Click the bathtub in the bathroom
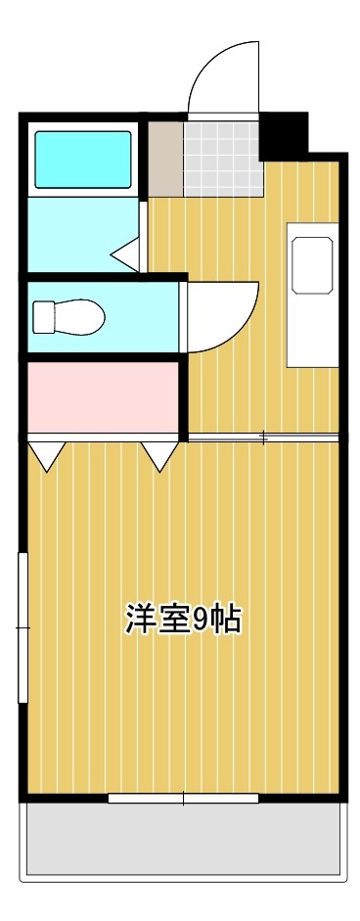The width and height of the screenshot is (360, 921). [83, 159]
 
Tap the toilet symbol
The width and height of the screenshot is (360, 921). [67, 316]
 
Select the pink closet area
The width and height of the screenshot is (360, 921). [102, 396]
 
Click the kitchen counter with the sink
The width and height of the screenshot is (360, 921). [312, 294]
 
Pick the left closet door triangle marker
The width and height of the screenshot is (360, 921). [46, 453]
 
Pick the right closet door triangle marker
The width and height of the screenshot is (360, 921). [160, 453]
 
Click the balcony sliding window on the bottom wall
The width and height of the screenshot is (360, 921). [183, 799]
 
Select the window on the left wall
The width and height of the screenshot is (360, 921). [22, 626]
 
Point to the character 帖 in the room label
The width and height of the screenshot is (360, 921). [226, 620]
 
